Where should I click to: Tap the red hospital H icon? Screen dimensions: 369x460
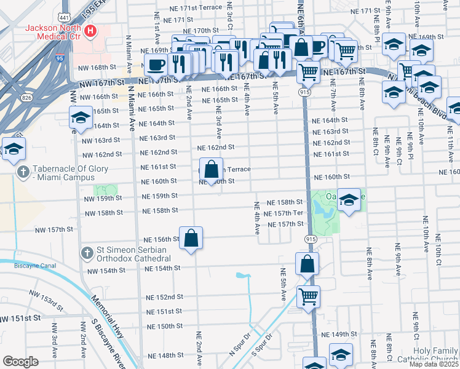91,30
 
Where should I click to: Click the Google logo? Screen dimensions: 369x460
20,362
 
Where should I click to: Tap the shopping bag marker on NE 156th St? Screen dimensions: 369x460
191,238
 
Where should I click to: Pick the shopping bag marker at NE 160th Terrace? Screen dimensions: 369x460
211,169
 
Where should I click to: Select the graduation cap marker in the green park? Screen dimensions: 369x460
348,200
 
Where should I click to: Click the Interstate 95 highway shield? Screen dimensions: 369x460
59,58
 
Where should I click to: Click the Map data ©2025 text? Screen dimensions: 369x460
434,364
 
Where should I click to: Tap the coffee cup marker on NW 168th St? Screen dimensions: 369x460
156,65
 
